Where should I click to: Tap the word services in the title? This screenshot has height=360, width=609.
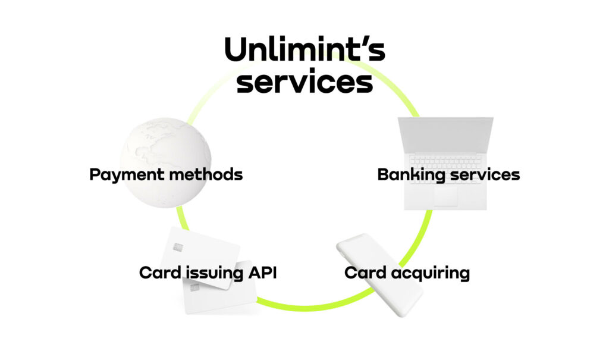[305, 82]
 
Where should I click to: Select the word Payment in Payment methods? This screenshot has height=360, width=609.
[127, 175]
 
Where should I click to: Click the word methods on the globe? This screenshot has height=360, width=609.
[206, 174]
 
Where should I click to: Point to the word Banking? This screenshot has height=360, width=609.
[412, 175]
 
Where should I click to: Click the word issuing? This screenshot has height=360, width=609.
[214, 273]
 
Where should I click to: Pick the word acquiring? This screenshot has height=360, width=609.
[431, 273]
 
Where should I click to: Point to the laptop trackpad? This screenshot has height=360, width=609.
[445, 196]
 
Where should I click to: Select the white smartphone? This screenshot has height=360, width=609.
[379, 274]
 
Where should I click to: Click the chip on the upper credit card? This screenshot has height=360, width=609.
[178, 247]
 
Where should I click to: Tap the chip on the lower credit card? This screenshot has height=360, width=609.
[194, 287]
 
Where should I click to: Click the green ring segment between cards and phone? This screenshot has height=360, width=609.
[307, 307]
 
